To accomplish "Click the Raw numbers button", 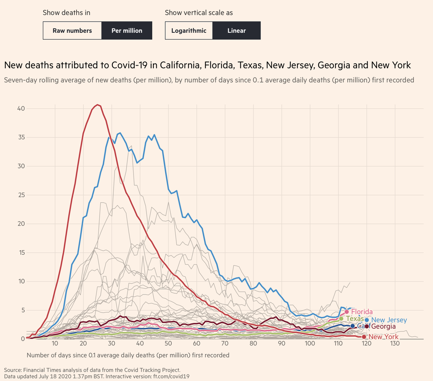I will point(72,31).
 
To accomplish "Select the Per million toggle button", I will point(127,31).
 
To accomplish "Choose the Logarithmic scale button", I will point(189,31).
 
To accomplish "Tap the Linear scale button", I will point(236,31).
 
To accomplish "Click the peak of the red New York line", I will point(98,105).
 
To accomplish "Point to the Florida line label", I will point(362,312).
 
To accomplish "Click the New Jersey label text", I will point(389,320).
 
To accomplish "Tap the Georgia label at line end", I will point(383,327).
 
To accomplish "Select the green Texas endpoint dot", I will point(341,319).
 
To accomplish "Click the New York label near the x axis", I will point(383,337).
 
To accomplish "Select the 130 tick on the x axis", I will point(395,344).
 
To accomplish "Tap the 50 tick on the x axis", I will point(168,344).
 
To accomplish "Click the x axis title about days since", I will point(128,355).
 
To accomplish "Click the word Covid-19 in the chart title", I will point(135,65).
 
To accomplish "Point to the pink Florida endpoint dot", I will point(347,312).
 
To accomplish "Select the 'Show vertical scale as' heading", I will point(199,13).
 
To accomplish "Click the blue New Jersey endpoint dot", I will point(367,320).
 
